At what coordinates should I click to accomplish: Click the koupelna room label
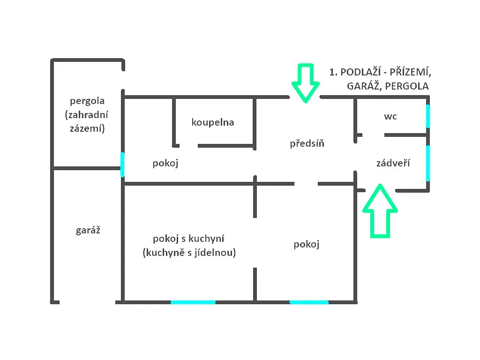click(213, 122)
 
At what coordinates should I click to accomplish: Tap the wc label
click(390, 117)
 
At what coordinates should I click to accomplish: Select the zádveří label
click(393, 163)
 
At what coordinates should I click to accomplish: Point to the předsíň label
click(307, 143)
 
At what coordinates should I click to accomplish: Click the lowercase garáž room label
click(88, 230)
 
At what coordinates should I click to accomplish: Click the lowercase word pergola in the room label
click(87, 101)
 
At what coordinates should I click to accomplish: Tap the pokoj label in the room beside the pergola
click(165, 163)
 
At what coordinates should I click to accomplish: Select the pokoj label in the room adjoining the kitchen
click(307, 244)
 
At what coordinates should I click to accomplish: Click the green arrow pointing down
click(306, 83)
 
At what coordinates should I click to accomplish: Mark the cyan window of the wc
click(428, 116)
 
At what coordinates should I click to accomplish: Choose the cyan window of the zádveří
click(428, 163)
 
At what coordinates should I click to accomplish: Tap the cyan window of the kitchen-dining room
click(193, 302)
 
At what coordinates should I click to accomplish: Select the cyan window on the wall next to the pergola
click(122, 165)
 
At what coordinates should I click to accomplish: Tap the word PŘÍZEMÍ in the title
click(410, 72)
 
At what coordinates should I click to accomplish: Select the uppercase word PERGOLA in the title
click(407, 86)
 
